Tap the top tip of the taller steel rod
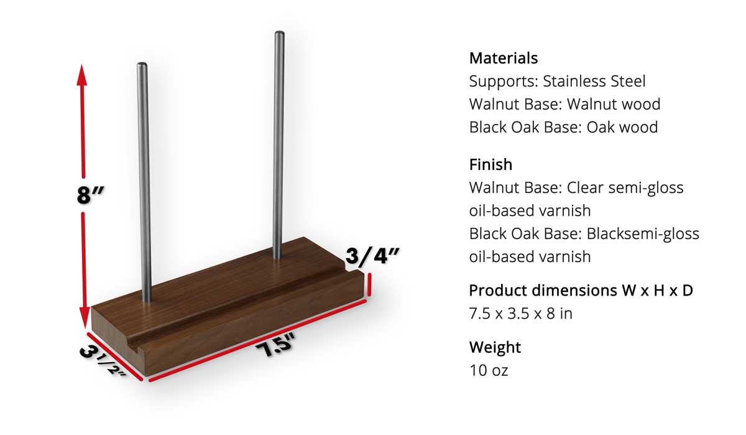tap(279, 34)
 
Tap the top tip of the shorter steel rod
tap(142, 64)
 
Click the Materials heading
tap(503, 58)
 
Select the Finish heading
tap(490, 165)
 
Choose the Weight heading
tap(495, 347)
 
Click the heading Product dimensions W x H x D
tap(581, 291)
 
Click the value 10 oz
tap(489, 370)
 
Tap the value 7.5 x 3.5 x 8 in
tap(520, 314)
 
